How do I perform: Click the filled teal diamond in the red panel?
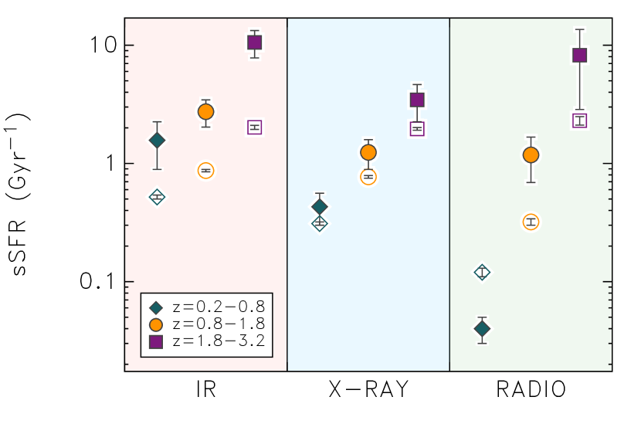coord(157,140)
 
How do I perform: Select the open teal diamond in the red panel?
coord(157,197)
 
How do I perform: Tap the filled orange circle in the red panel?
coord(205,111)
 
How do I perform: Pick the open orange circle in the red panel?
coord(205,171)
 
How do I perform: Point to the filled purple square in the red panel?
coord(254,42)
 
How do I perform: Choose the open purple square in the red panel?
coord(254,127)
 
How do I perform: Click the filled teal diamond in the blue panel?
coord(319,207)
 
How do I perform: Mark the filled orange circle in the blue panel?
coord(368,152)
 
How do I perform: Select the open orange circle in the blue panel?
coord(368,177)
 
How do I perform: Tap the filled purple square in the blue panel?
coord(417,100)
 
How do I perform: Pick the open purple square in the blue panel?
coord(417,128)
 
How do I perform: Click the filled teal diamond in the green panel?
coord(482,328)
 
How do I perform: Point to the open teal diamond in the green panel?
coord(482,272)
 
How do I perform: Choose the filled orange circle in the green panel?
coord(531,154)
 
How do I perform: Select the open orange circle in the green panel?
coord(531,222)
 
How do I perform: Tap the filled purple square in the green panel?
coord(579,55)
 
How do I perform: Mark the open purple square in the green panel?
coord(579,120)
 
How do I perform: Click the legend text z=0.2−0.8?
coord(219,307)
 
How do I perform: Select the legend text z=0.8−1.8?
coord(219,324)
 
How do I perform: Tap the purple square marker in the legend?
coord(156,341)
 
